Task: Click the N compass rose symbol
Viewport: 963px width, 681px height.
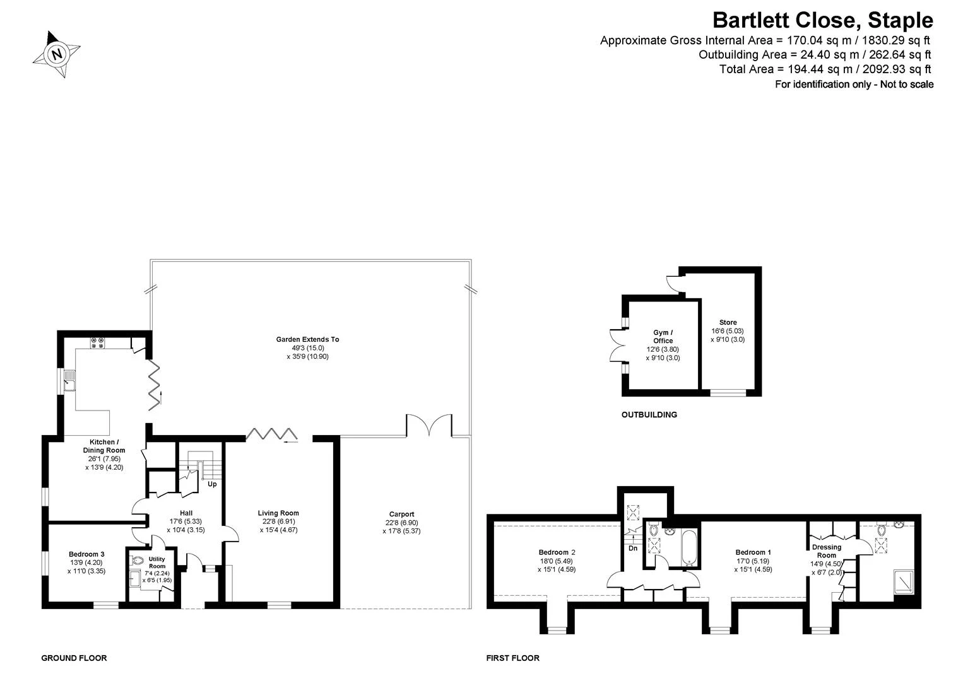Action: point(56,54)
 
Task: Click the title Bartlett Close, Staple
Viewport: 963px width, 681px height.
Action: point(823,20)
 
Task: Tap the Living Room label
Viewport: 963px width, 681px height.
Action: point(278,513)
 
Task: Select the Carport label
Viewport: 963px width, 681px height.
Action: point(401,515)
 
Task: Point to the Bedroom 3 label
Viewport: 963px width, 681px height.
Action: point(86,554)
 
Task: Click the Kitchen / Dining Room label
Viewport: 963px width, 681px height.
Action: point(104,446)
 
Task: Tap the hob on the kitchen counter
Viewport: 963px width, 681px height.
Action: point(97,343)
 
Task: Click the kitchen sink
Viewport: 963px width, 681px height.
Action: point(69,380)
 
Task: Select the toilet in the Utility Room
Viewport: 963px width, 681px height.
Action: point(137,561)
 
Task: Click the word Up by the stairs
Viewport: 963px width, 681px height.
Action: point(212,484)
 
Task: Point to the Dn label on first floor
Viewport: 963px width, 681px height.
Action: point(633,548)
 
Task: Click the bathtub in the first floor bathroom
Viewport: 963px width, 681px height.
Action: point(688,548)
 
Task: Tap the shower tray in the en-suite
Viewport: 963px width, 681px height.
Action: point(904,582)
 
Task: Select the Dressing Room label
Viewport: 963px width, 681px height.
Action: point(826,551)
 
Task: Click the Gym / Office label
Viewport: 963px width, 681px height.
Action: point(663,337)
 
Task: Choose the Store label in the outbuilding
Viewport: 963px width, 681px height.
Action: point(728,322)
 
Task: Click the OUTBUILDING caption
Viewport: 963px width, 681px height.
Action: point(649,415)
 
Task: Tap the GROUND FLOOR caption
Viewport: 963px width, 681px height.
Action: point(74,658)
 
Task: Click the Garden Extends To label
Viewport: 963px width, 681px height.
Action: point(307,339)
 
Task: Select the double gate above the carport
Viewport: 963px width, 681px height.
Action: point(429,426)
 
